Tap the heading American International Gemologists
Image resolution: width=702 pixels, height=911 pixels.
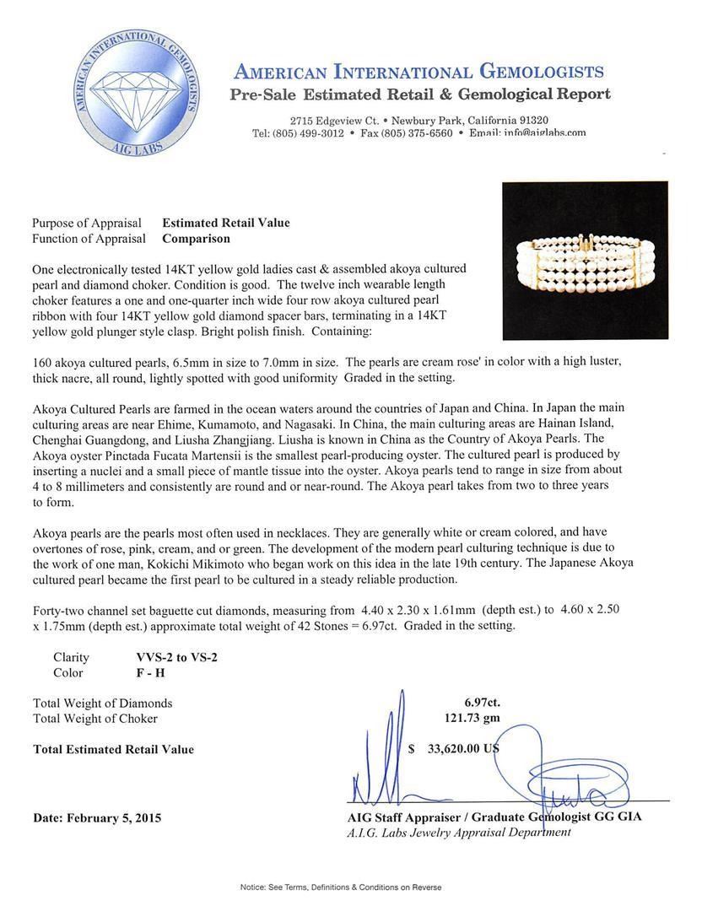click(418, 71)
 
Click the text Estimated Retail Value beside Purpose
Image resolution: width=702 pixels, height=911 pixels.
click(225, 223)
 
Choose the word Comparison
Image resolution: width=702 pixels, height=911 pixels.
click(196, 238)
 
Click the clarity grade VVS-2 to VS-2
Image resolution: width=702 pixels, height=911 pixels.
click(176, 657)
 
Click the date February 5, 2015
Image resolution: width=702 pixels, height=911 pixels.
click(97, 817)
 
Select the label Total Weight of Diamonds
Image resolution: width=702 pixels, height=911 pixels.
click(102, 703)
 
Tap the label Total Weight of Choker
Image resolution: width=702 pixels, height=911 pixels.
click(94, 718)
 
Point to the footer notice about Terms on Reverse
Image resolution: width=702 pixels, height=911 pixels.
click(341, 887)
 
